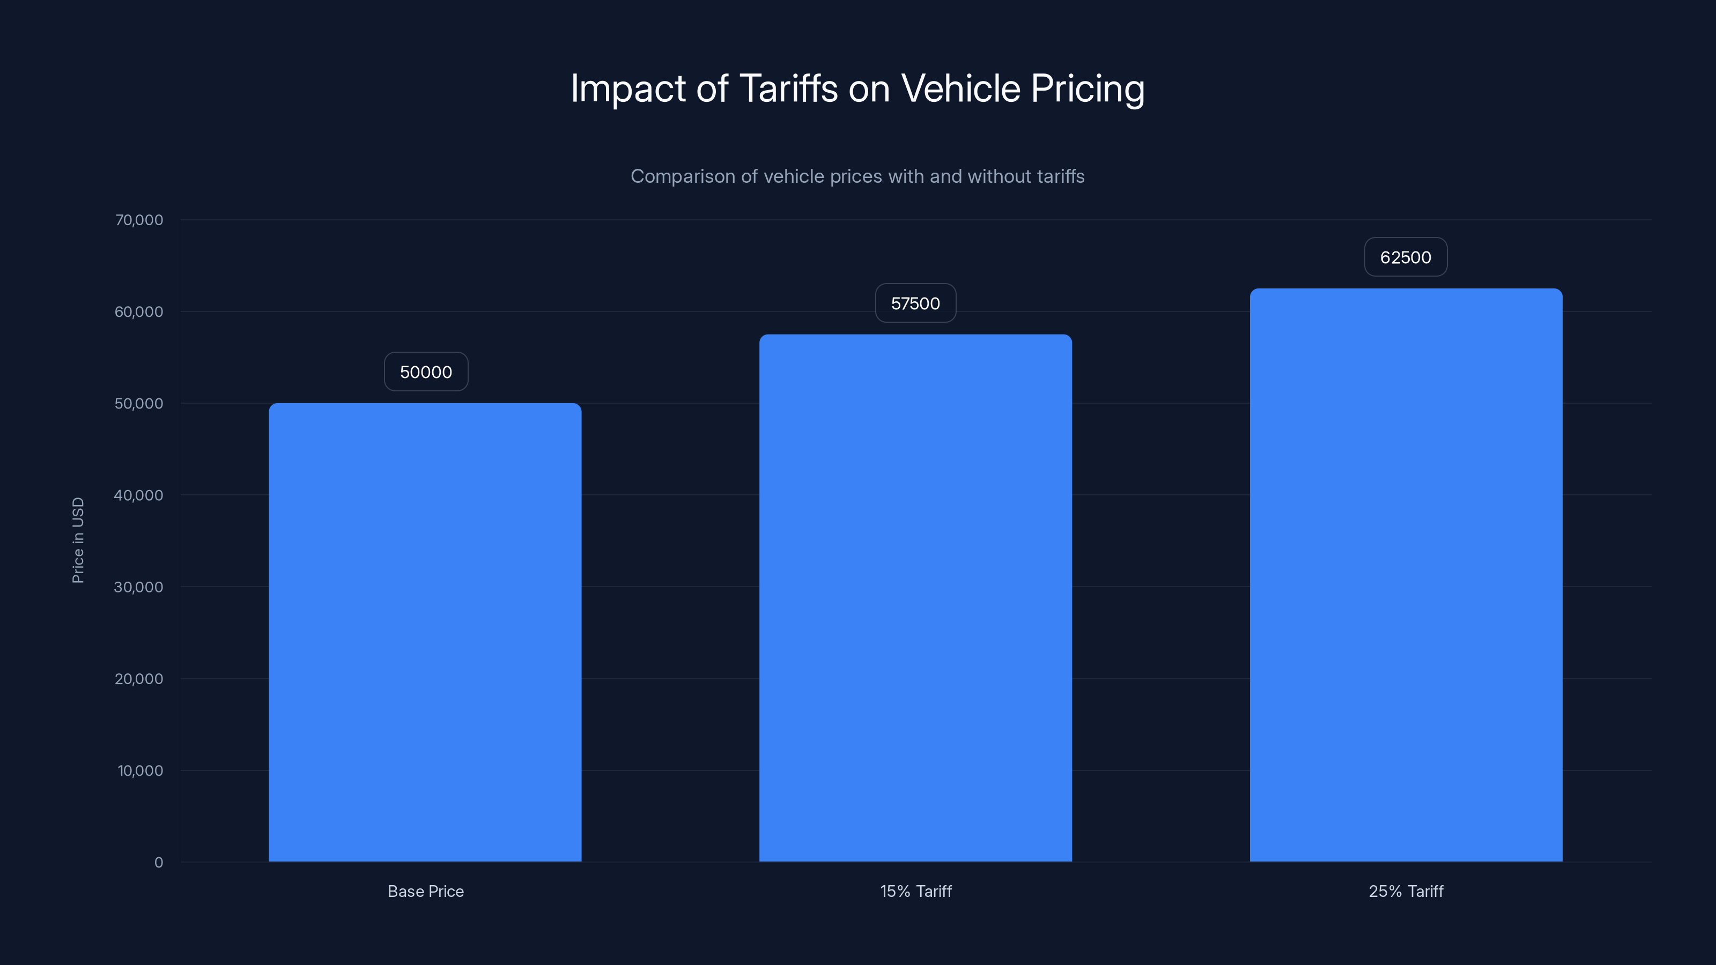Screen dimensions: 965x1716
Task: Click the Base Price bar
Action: [425, 633]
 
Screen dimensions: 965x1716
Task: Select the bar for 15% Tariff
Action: [915, 598]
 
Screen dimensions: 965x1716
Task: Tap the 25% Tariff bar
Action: [1406, 575]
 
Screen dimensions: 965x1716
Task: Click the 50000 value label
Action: [426, 372]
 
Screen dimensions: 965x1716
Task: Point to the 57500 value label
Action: [915, 303]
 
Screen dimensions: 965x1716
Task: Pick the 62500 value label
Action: [1406, 257]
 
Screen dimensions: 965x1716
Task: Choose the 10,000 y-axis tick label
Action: [140, 770]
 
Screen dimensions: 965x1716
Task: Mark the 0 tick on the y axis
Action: [159, 863]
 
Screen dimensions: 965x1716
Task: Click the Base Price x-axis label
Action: [426, 891]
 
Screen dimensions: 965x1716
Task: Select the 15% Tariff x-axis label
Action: [915, 891]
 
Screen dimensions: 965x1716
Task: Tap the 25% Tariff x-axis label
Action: [1406, 891]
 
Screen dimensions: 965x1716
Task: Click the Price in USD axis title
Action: [78, 540]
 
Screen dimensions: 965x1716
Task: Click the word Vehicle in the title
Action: [960, 88]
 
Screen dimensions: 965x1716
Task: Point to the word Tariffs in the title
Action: [788, 88]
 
